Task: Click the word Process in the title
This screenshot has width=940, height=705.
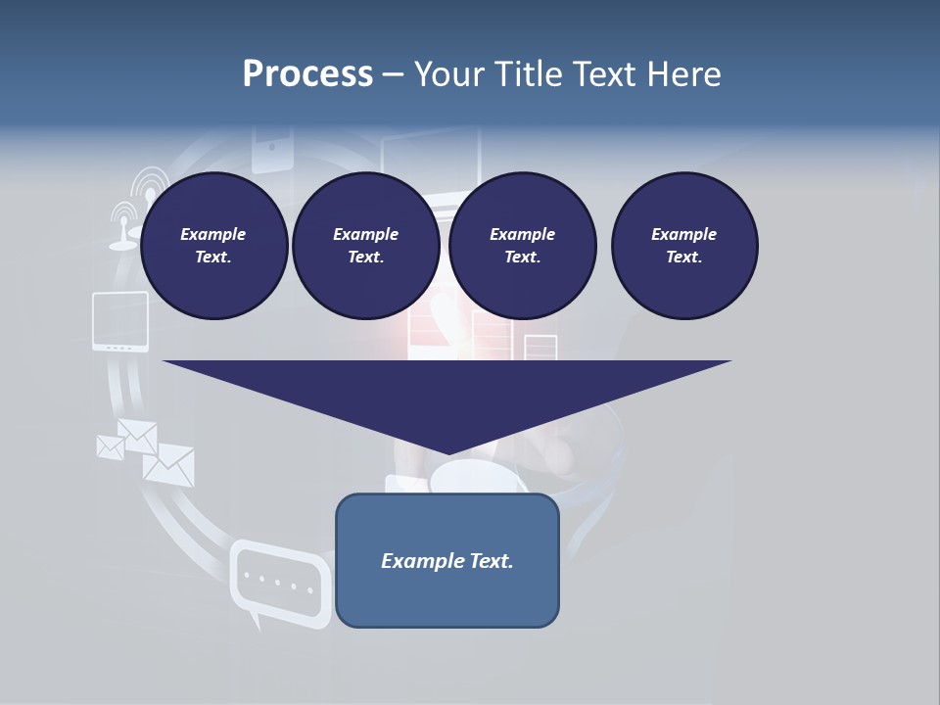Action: point(307,74)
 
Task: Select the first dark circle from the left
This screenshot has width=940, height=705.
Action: point(214,246)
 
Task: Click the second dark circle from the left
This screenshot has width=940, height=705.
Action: point(365,246)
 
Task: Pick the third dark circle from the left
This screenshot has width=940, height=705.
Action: point(522,246)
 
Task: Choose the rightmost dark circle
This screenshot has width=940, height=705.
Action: point(684,246)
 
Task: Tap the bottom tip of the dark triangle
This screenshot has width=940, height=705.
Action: point(447,453)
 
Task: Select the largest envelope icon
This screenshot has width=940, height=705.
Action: point(169,464)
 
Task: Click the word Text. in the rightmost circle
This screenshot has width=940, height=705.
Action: point(684,258)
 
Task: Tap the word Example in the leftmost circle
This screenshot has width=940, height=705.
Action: point(213,234)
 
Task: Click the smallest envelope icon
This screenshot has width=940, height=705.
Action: point(111,446)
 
